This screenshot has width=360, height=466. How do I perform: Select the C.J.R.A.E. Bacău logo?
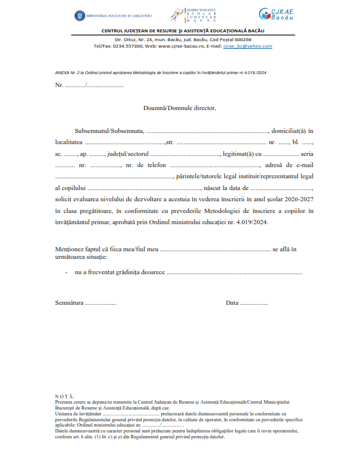click(x=275, y=14)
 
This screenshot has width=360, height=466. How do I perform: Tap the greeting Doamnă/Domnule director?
click(x=180, y=108)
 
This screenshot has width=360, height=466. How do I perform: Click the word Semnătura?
click(x=69, y=303)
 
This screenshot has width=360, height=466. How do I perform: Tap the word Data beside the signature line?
click(x=232, y=303)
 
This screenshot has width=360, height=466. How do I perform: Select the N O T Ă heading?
click(x=64, y=397)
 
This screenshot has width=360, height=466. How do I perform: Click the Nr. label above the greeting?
click(x=59, y=85)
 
